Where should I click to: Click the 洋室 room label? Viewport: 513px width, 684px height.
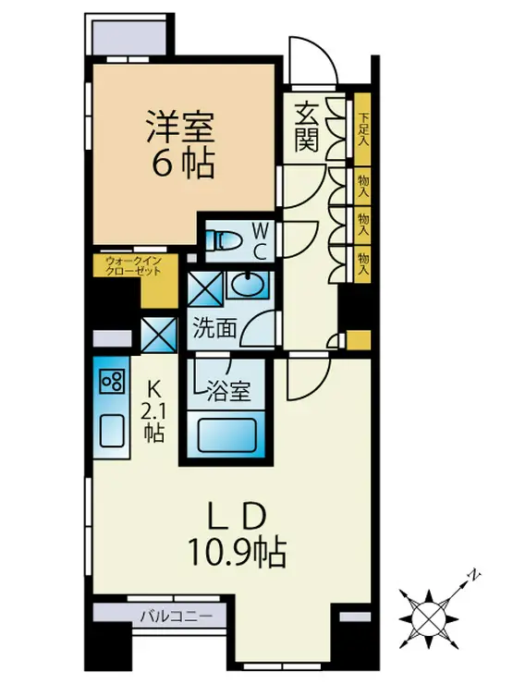click(180, 127)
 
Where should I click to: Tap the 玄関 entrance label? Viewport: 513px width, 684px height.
click(307, 128)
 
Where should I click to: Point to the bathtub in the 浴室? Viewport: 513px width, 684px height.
click(226, 435)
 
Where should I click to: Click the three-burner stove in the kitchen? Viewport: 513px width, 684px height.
click(112, 381)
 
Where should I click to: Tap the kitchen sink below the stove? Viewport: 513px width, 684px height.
click(112, 431)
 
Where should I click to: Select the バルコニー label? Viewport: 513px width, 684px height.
click(177, 617)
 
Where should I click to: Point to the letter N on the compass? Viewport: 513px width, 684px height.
click(474, 575)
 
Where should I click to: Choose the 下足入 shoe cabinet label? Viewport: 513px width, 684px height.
click(363, 129)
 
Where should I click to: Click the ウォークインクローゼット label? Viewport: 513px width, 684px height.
click(134, 265)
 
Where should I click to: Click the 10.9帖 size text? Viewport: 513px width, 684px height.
click(237, 552)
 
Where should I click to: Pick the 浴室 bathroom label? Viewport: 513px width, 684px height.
click(228, 390)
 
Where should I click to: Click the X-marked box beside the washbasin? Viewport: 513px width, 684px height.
click(205, 288)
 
